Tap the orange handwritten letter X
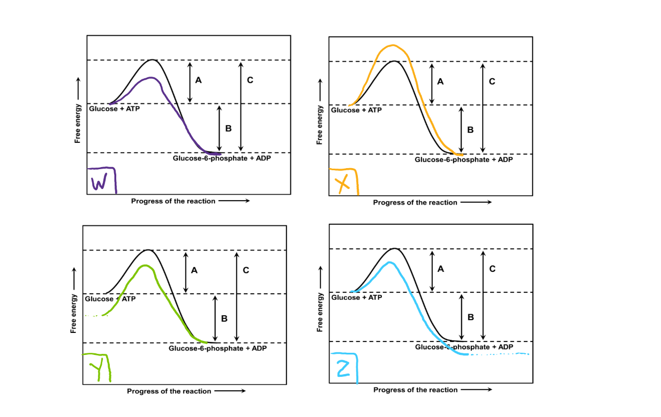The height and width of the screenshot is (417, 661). (342, 183)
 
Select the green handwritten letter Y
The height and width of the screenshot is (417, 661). (97, 369)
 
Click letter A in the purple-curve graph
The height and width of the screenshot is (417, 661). (199, 80)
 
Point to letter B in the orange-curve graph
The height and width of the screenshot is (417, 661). (470, 130)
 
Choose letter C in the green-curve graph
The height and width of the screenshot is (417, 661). (246, 270)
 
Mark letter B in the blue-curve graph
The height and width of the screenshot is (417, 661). (470, 317)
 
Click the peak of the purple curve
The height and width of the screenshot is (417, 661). (153, 78)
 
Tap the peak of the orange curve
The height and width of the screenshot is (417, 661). (393, 46)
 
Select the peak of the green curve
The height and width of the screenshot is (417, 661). (144, 266)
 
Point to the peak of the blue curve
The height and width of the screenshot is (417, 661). (390, 262)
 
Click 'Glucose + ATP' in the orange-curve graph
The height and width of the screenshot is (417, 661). (356, 110)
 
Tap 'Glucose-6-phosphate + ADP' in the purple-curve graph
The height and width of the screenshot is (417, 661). (218, 158)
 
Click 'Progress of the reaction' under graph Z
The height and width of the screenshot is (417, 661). (416, 390)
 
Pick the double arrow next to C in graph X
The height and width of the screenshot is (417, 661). (483, 107)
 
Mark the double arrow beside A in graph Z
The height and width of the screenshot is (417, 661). (432, 270)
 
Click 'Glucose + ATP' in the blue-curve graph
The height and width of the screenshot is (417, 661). (356, 297)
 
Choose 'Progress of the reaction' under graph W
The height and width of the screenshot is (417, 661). (173, 201)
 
